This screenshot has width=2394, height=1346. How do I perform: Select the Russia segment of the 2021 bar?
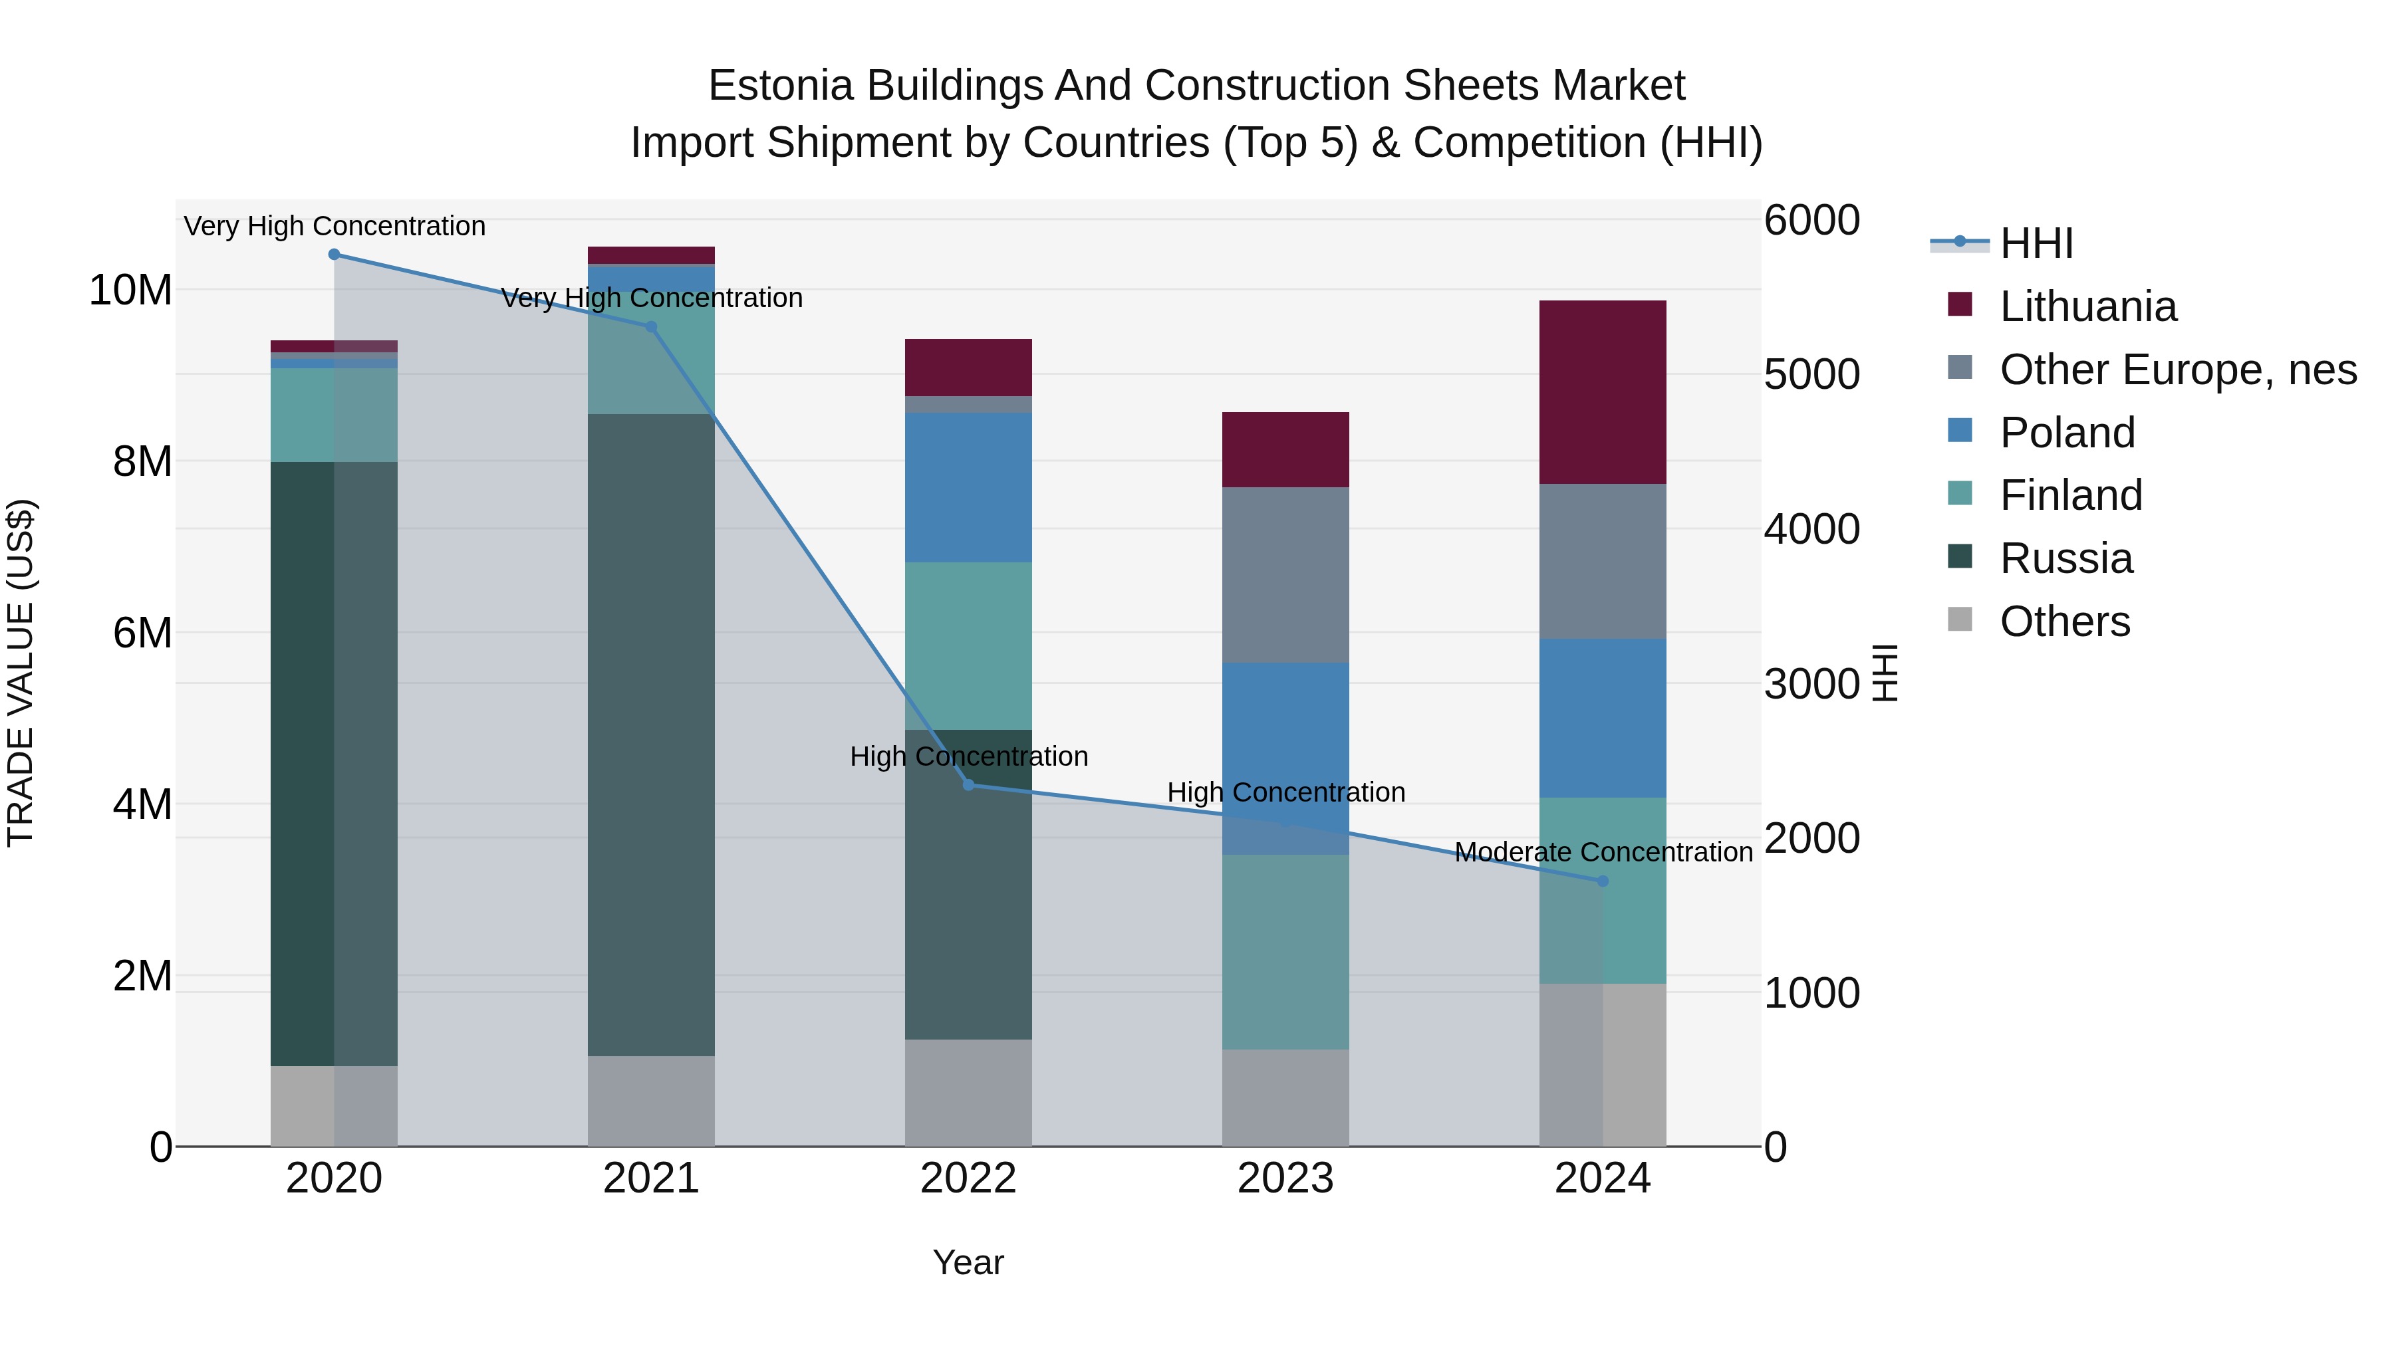(x=650, y=734)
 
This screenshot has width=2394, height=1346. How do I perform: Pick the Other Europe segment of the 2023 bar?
(x=1285, y=574)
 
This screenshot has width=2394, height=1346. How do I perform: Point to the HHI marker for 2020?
(x=334, y=255)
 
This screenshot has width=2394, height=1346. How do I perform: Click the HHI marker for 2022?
(x=968, y=785)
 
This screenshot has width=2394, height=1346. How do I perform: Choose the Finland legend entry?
(x=2071, y=495)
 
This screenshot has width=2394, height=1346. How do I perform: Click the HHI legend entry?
(x=2036, y=243)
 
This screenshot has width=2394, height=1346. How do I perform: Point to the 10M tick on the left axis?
(x=130, y=290)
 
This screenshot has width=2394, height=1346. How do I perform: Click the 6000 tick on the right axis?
(x=1811, y=221)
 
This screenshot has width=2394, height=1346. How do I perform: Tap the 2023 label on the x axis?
(x=1285, y=1178)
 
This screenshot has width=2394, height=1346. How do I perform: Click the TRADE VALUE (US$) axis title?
(x=21, y=673)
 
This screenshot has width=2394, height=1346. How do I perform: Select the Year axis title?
(x=968, y=1262)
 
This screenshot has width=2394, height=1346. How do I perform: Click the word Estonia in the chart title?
(x=780, y=86)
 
